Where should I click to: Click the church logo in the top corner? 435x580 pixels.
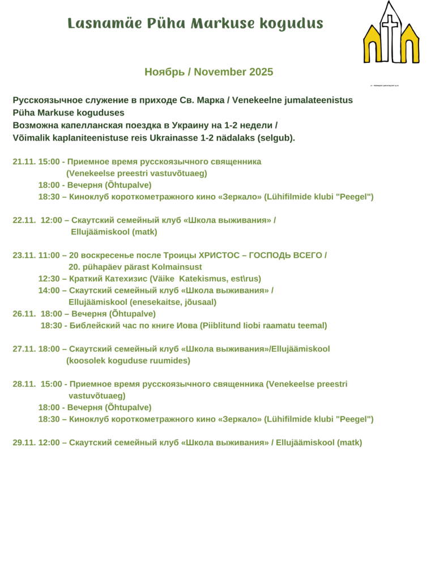391,33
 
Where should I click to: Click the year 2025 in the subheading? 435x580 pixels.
261,72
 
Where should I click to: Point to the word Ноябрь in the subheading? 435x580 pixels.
164,72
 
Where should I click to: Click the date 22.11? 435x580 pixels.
23,220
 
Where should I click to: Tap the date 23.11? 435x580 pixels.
23,255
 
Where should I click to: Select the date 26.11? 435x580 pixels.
23,313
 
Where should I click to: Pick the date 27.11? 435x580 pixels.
23,348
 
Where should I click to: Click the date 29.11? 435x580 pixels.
23,442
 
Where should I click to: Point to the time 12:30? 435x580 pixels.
49,278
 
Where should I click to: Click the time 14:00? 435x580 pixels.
49,290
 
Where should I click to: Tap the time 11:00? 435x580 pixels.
49,255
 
